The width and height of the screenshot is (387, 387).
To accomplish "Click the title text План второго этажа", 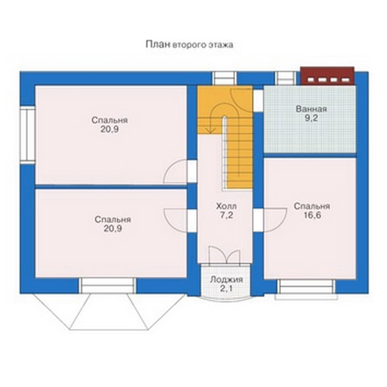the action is click(x=190, y=45).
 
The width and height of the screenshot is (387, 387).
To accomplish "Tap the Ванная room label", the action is click(x=311, y=109).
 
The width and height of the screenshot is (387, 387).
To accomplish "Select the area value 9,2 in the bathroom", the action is click(x=311, y=118).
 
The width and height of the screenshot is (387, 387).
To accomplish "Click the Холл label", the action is click(x=226, y=206).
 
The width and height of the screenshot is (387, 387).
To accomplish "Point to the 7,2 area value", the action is click(x=226, y=215).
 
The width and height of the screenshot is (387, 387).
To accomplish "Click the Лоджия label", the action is click(x=226, y=279).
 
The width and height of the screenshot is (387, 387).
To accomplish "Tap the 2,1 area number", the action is click(x=226, y=289).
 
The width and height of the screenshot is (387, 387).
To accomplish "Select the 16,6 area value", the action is click(x=312, y=215).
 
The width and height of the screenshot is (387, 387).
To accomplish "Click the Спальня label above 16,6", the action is click(x=312, y=206).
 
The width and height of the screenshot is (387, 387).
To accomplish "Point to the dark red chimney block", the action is click(x=327, y=76).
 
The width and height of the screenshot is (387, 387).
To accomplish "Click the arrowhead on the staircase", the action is click(x=211, y=130).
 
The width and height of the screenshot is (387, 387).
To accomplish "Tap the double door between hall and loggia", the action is click(x=224, y=255).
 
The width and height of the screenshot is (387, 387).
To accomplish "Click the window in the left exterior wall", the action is click(x=27, y=135).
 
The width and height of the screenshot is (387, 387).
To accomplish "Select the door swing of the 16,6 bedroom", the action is click(x=275, y=220).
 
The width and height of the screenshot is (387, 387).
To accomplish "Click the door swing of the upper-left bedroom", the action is click(x=175, y=172).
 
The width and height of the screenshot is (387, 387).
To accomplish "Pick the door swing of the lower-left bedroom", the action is click(x=175, y=220).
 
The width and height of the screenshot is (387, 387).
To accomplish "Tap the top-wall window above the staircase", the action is click(x=225, y=78).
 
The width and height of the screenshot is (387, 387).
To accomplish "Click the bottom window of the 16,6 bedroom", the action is click(x=307, y=289).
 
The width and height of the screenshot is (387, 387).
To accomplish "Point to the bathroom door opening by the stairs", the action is click(x=258, y=101).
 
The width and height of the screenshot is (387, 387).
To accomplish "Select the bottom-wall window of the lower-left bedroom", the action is click(x=108, y=286).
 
